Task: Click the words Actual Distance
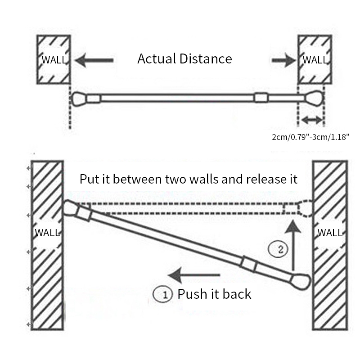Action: (x=184, y=59)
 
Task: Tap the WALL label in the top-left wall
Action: (x=54, y=60)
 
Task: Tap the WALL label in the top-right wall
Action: (x=315, y=60)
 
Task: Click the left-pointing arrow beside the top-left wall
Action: (x=94, y=60)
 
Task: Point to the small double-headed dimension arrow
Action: (x=312, y=120)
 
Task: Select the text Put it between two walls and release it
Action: (x=189, y=179)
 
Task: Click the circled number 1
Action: (x=163, y=295)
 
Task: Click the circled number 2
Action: (x=277, y=249)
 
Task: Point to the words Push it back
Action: (x=214, y=294)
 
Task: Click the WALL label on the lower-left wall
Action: (x=47, y=233)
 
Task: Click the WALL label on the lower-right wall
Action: (x=330, y=233)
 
